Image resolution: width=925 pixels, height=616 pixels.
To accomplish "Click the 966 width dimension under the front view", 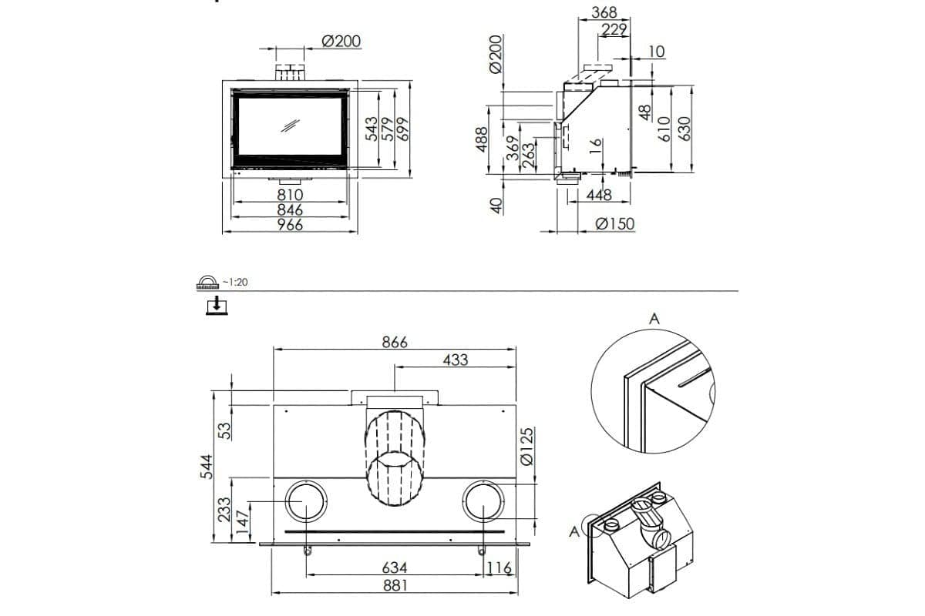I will pos(291,225).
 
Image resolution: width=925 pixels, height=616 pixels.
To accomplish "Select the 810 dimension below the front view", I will pos(291,195).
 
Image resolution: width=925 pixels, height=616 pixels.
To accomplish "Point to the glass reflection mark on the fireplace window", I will pos(291,126).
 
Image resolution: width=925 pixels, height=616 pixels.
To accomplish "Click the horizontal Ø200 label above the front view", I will pos(341,41).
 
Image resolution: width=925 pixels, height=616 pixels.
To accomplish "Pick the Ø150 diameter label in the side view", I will pos(615,224).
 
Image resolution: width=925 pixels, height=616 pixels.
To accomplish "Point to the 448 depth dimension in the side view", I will pos(599,196).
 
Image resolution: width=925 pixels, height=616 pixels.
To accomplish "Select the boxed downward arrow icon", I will pos(218,306).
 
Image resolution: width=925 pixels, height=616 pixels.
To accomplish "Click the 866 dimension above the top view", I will pos(395,341).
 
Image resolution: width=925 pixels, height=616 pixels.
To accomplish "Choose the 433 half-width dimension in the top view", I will pos(455,360).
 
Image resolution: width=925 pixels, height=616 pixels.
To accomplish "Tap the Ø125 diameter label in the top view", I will pos(528,447).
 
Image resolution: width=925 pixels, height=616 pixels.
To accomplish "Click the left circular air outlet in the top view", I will pos(306,503).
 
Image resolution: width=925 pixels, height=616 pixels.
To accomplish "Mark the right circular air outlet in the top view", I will pos(484,503).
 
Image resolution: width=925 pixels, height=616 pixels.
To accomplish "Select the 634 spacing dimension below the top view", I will pos(395,567).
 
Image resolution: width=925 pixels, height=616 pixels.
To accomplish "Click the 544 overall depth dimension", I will pos(205,466).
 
